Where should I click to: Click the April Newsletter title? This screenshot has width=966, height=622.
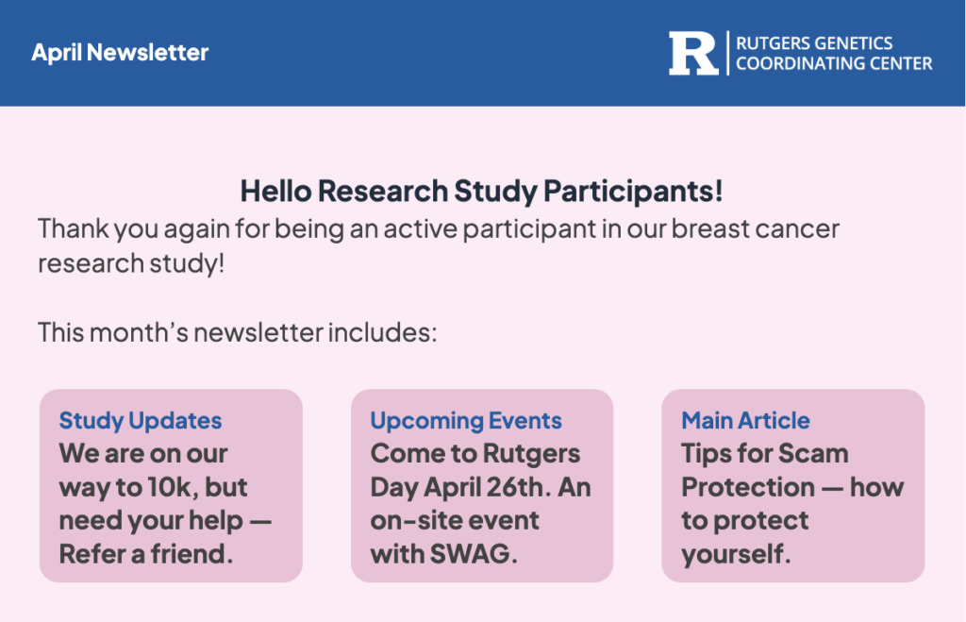[x=120, y=53]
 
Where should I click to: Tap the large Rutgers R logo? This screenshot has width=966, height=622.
[x=693, y=54]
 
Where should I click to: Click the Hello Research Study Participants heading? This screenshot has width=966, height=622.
[x=481, y=191]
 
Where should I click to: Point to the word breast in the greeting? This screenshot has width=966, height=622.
[x=709, y=228]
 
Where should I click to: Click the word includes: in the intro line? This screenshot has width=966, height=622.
[x=382, y=333]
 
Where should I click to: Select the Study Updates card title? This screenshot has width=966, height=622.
[x=141, y=420]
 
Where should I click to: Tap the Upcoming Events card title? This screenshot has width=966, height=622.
[x=466, y=420]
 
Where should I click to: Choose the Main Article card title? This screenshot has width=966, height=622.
[x=745, y=420]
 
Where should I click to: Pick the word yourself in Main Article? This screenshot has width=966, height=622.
[x=736, y=555]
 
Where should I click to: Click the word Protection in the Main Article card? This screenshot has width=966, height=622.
[x=748, y=488]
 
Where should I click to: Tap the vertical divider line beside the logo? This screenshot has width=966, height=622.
[x=727, y=53]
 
